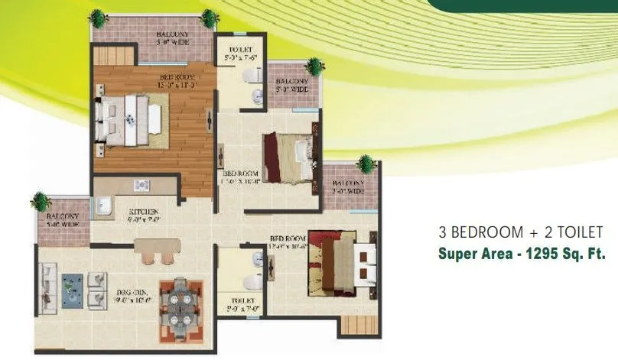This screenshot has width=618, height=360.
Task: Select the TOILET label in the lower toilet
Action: pyautogui.click(x=234, y=303)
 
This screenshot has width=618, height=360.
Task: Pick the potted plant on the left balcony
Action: pyautogui.click(x=41, y=201)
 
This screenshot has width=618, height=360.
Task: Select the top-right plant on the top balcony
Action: pyautogui.click(x=208, y=17)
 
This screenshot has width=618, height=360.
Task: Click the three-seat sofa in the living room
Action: pyautogui.click(x=47, y=288)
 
